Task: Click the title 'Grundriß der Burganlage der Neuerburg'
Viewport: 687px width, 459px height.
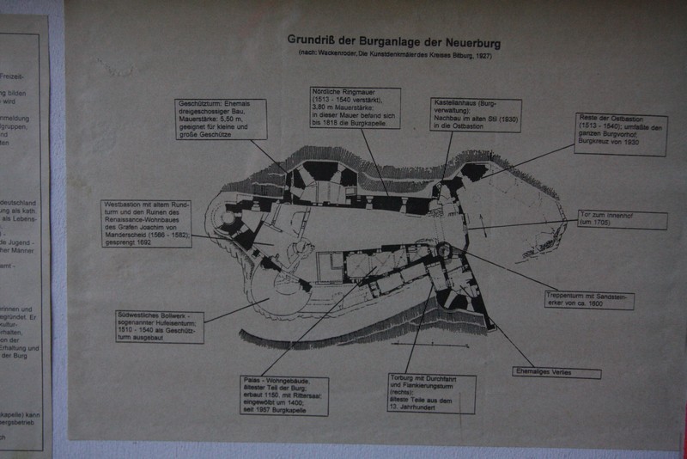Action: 393,40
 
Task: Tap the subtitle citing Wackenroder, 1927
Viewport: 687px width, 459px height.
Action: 394,55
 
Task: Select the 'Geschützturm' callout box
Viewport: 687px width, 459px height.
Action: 221,119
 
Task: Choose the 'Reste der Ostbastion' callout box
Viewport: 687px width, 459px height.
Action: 621,134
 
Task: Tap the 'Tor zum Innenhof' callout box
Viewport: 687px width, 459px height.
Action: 622,220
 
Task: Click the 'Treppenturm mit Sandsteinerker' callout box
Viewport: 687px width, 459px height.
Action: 589,299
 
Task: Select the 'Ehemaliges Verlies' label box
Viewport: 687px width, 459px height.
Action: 557,373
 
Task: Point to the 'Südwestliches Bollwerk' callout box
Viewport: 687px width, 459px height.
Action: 160,327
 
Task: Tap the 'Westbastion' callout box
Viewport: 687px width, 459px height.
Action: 146,223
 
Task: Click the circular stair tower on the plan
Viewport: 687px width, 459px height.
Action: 443,251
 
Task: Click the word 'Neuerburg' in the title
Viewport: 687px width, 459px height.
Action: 471,40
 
